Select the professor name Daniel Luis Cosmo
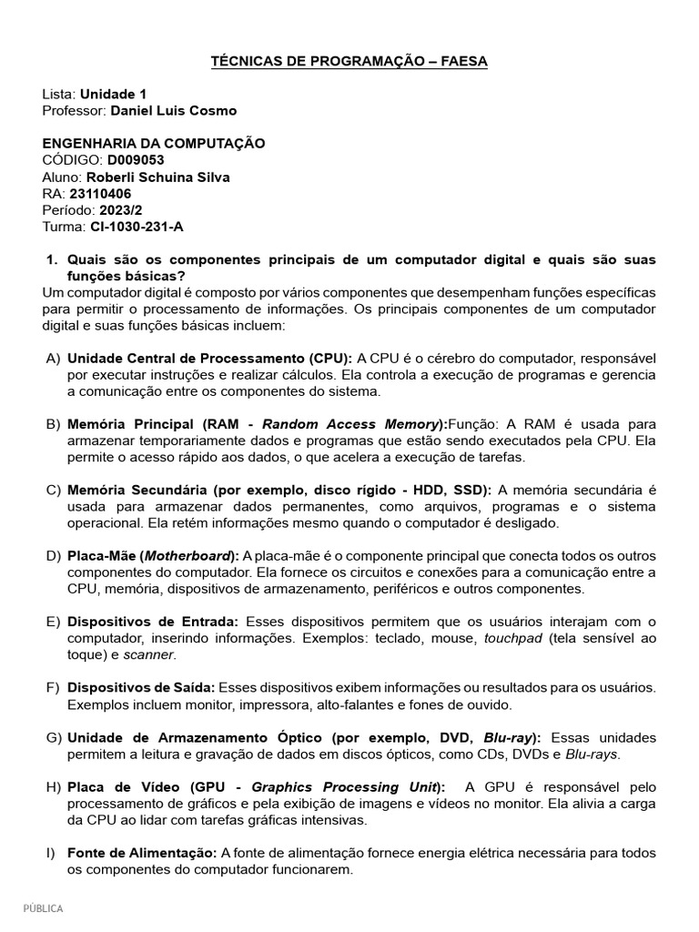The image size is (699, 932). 173,110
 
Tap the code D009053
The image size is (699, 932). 136,160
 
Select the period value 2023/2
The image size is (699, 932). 116,209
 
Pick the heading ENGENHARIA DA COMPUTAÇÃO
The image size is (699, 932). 154,144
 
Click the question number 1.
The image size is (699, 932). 52,259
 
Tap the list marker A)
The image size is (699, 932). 53,359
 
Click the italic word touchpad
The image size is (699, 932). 513,638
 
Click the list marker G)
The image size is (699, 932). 53,737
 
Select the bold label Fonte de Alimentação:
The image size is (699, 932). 142,853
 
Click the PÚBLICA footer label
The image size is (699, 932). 43,907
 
